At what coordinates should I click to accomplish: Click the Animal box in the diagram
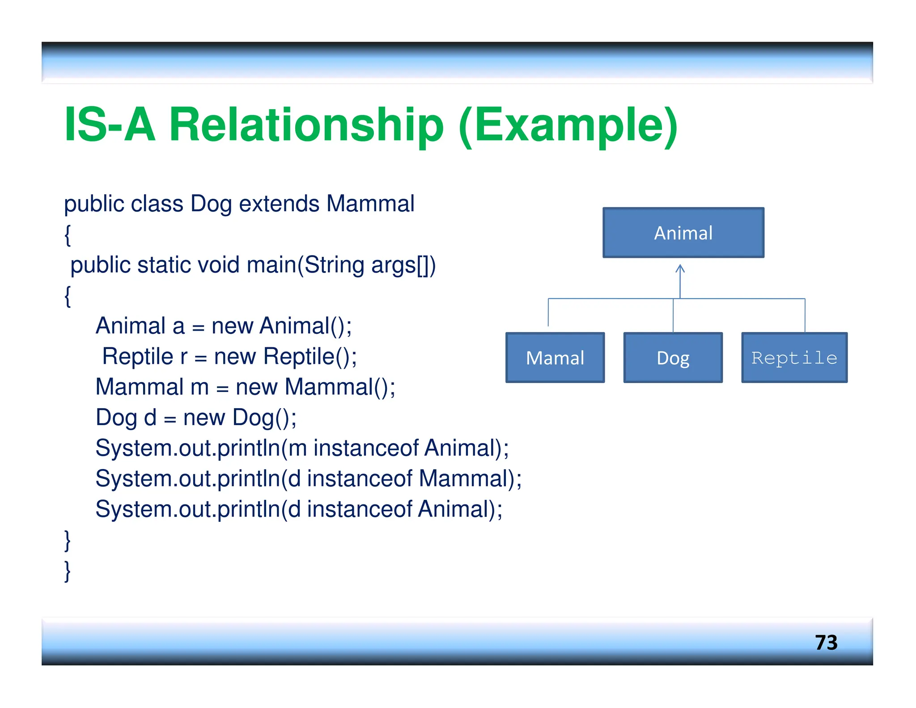coord(683,233)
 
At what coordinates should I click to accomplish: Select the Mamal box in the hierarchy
coord(555,358)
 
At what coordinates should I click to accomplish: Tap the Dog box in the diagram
coord(673,358)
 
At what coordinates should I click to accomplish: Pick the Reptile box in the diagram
coord(794,358)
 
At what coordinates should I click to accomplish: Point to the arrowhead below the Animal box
coord(680,269)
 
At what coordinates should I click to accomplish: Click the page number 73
coord(826,643)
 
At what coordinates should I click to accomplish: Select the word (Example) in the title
coord(568,126)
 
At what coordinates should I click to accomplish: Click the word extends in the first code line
coord(279,204)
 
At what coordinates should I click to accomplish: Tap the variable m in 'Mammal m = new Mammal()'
coord(199,387)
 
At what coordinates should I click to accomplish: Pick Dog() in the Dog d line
coord(264,418)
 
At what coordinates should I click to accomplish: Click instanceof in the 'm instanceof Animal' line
coord(366,448)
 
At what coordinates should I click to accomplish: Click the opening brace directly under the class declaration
coord(68,235)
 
